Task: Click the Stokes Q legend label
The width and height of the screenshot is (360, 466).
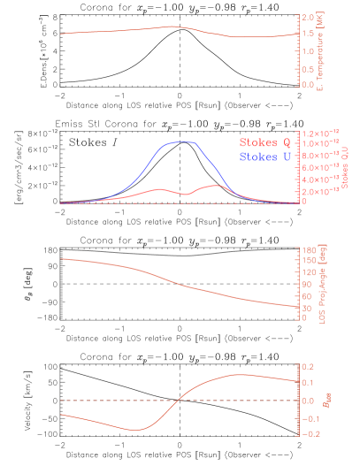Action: pos(264,142)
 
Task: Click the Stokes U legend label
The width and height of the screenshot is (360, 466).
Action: pos(264,157)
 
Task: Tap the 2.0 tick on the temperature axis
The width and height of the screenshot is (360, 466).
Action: pos(309,18)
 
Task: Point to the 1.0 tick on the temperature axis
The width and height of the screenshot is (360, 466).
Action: pos(309,51)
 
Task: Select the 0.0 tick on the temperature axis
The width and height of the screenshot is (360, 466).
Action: pos(309,85)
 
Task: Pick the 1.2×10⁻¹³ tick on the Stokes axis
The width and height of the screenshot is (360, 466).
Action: pos(321,132)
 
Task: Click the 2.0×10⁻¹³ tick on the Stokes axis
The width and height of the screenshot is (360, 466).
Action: pos(321,191)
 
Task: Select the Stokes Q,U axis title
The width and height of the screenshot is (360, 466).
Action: pos(346,167)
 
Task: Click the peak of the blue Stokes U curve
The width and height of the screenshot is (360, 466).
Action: pos(184,141)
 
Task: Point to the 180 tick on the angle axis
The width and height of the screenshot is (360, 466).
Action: pos(310,250)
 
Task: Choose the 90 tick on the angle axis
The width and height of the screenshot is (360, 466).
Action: pos(310,285)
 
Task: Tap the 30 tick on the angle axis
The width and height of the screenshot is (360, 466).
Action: pos(310,308)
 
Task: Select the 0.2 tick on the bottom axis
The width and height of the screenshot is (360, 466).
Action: pos(309,366)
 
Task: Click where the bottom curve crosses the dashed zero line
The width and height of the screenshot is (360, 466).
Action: pos(178,401)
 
